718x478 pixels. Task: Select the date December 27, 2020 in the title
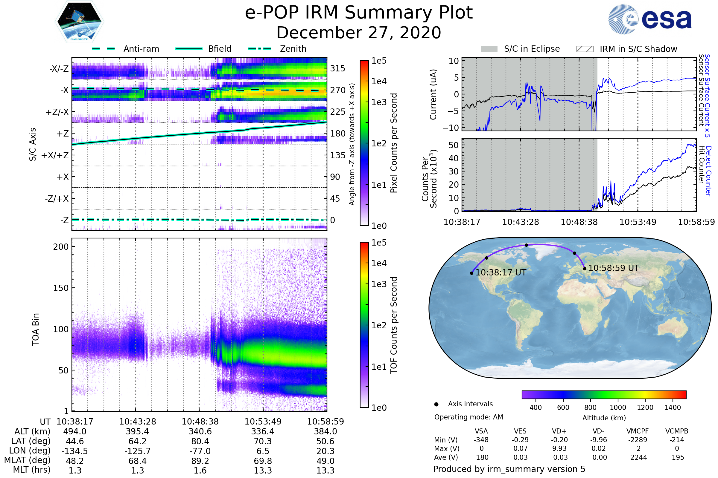[x=359, y=33]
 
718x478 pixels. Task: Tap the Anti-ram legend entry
[x=141, y=49]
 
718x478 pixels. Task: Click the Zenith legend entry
[x=293, y=49]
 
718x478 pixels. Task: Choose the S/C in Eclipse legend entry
[x=532, y=49]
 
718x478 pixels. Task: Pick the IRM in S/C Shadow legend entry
[x=638, y=49]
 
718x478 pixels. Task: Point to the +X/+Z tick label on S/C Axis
[x=55, y=155]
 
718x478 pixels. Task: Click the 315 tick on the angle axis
[x=337, y=68]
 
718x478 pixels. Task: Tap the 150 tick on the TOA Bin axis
[x=61, y=288]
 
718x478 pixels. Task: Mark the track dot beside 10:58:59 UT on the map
[x=585, y=269]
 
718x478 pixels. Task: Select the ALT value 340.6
[x=200, y=432]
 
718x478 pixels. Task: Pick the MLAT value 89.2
[x=200, y=461]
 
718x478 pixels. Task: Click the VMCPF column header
[x=638, y=431]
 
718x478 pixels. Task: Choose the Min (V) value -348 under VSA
[x=481, y=440]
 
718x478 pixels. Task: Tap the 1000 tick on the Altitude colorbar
[x=618, y=407]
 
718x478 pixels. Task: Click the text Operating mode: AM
[x=468, y=417]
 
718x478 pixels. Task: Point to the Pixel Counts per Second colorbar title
[x=394, y=143]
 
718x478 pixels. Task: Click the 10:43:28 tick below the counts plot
[x=521, y=222]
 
